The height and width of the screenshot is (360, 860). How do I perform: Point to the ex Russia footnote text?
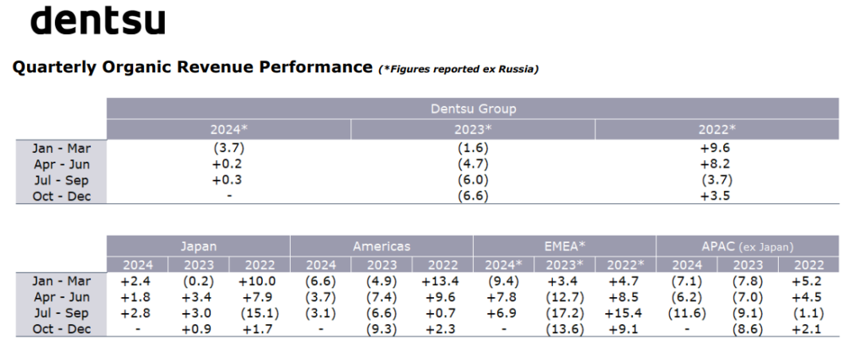click(x=459, y=69)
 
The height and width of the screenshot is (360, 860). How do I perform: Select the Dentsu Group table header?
click(x=473, y=108)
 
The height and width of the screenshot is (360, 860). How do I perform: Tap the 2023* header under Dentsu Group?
click(x=473, y=130)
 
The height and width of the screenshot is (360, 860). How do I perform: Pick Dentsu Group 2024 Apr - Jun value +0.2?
click(x=229, y=164)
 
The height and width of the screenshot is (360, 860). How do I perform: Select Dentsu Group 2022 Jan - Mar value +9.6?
click(x=717, y=148)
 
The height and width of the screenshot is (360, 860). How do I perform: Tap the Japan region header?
click(x=198, y=246)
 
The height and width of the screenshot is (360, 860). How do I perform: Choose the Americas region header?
click(x=381, y=246)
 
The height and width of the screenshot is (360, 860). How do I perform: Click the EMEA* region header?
click(x=565, y=246)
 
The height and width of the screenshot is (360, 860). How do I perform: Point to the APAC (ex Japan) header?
click(x=747, y=247)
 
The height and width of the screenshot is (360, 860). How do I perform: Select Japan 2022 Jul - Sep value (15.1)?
click(x=260, y=313)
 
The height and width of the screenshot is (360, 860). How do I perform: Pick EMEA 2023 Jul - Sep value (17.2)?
click(x=565, y=313)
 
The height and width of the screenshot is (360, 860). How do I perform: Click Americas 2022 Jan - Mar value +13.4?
click(x=442, y=281)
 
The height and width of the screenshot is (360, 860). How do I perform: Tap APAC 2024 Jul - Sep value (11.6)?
click(x=686, y=313)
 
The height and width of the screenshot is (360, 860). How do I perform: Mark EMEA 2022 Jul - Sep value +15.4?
click(x=626, y=313)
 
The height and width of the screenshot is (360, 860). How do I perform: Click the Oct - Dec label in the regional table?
click(x=61, y=329)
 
